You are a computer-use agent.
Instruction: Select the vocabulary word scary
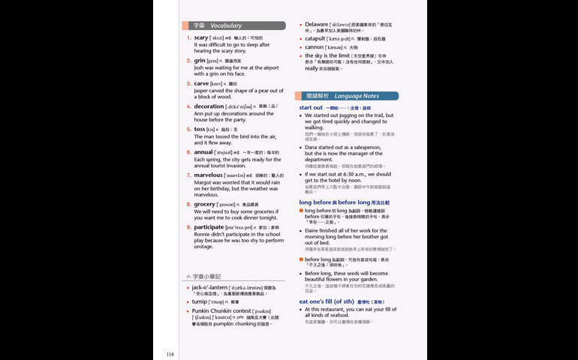point(201,37)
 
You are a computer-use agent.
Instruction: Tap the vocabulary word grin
point(200,60)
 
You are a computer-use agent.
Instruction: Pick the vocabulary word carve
point(202,83)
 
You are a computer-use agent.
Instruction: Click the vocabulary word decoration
point(209,106)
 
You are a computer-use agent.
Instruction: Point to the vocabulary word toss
point(199,129)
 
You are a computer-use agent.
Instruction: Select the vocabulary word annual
point(203,151)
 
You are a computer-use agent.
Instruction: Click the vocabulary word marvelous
point(208,175)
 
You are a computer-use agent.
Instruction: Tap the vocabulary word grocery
point(205,204)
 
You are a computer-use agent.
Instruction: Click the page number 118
point(170,354)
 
